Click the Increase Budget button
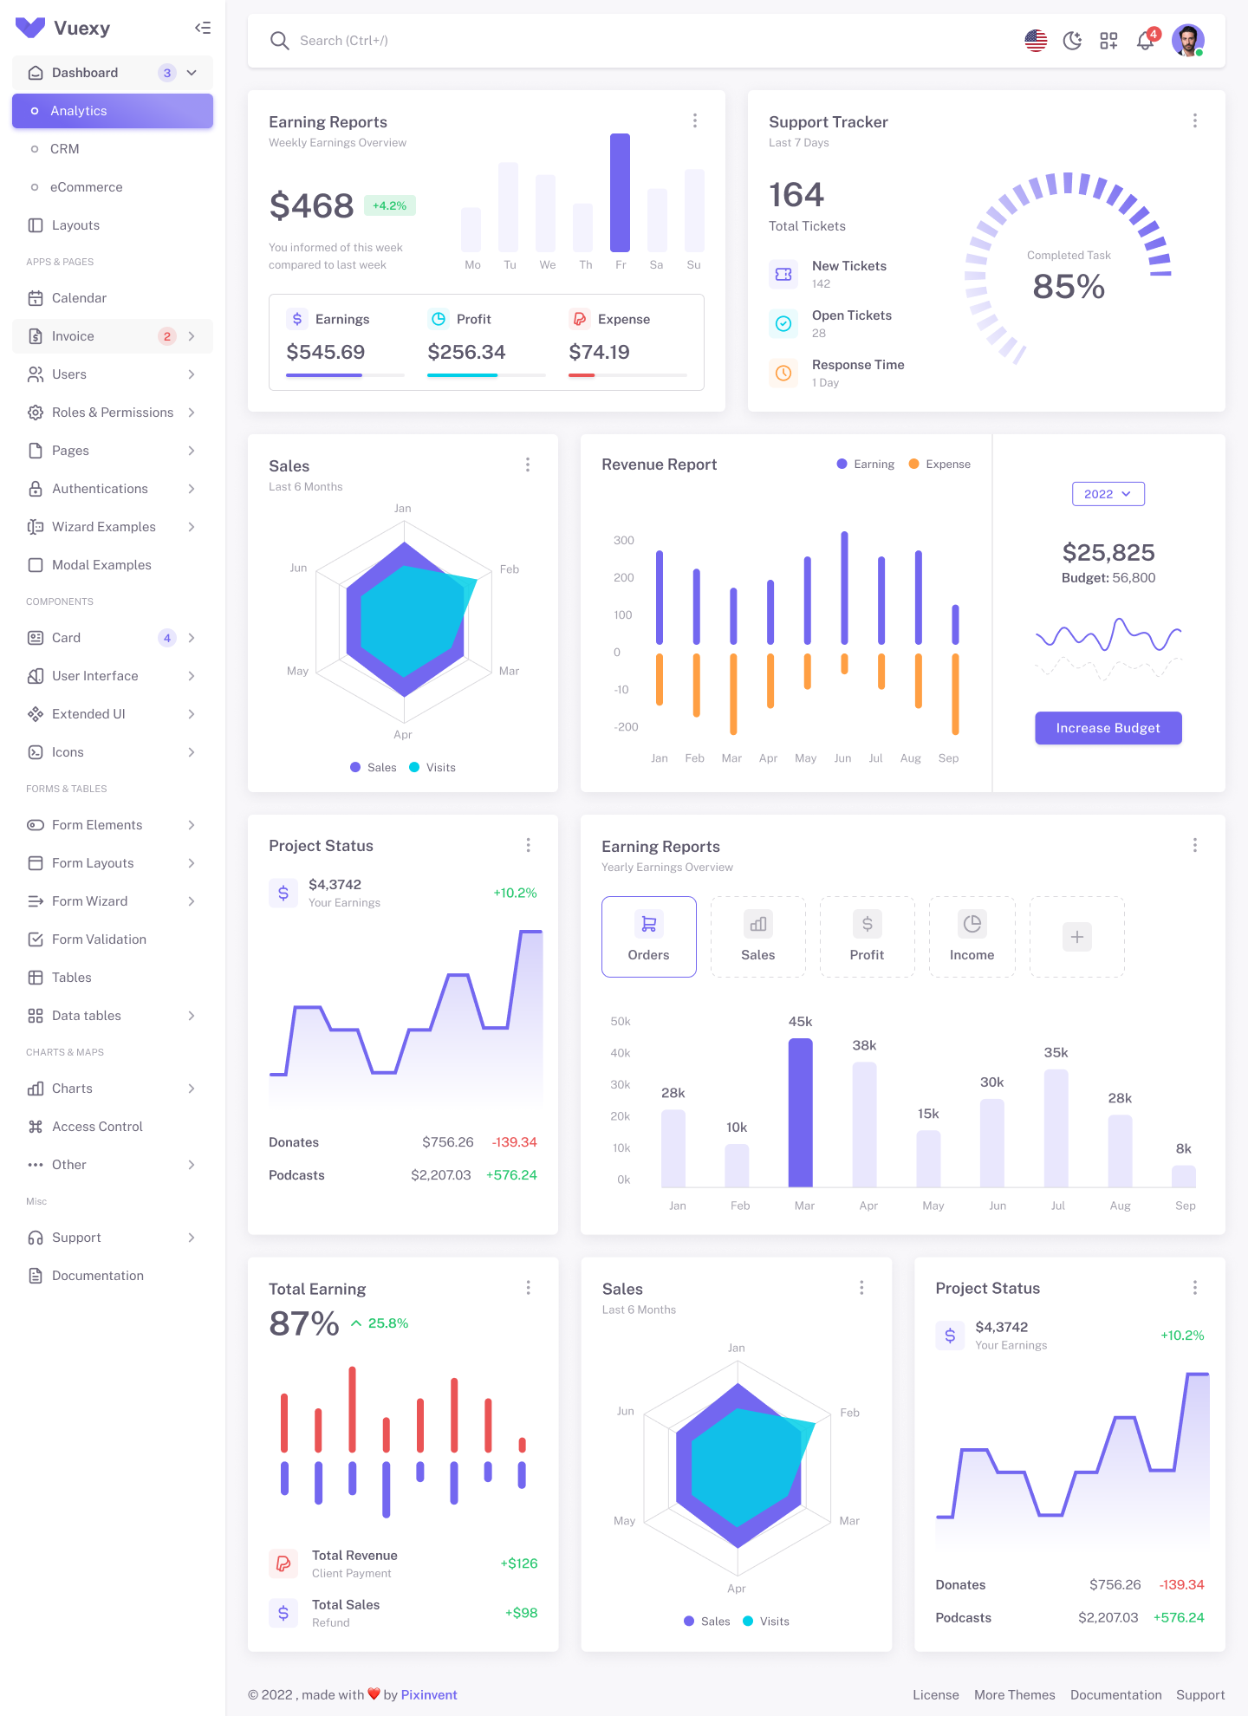point(1108,728)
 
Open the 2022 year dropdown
point(1108,494)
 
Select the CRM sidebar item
point(65,149)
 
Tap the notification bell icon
point(1145,41)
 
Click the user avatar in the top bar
point(1187,41)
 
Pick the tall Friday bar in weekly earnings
point(620,192)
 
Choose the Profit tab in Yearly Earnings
point(867,937)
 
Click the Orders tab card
point(648,937)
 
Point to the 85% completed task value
point(1069,287)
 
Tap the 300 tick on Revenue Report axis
point(624,540)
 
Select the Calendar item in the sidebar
point(79,298)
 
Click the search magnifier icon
point(279,41)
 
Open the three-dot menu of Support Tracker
point(1194,121)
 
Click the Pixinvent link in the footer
point(429,1694)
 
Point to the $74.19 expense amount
point(599,352)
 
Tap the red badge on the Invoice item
point(167,336)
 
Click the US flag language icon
point(1036,41)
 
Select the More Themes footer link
point(1014,1694)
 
